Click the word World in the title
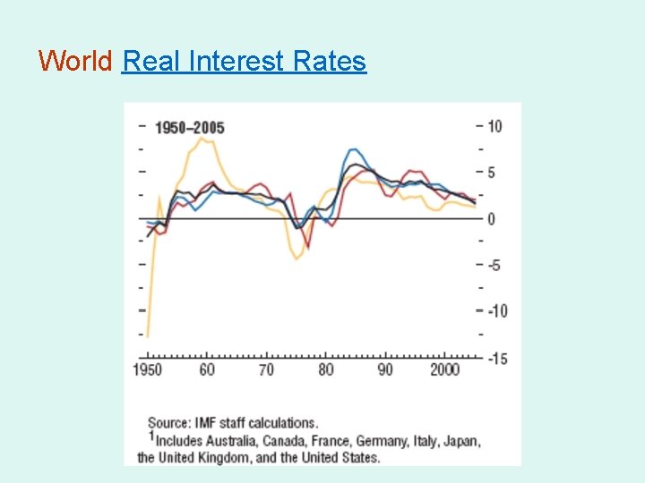[75, 61]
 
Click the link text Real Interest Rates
[244, 61]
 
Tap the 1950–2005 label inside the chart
[189, 128]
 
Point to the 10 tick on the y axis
[494, 126]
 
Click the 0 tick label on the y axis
[491, 219]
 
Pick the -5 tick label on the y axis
[495, 265]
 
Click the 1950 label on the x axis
[148, 370]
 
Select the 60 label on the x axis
[207, 370]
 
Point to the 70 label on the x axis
[266, 370]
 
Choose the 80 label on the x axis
[325, 370]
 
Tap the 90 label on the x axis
[384, 370]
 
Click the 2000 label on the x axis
[444, 370]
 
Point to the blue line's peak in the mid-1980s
[353, 149]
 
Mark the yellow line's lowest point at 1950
[147, 336]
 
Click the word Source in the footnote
[168, 423]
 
